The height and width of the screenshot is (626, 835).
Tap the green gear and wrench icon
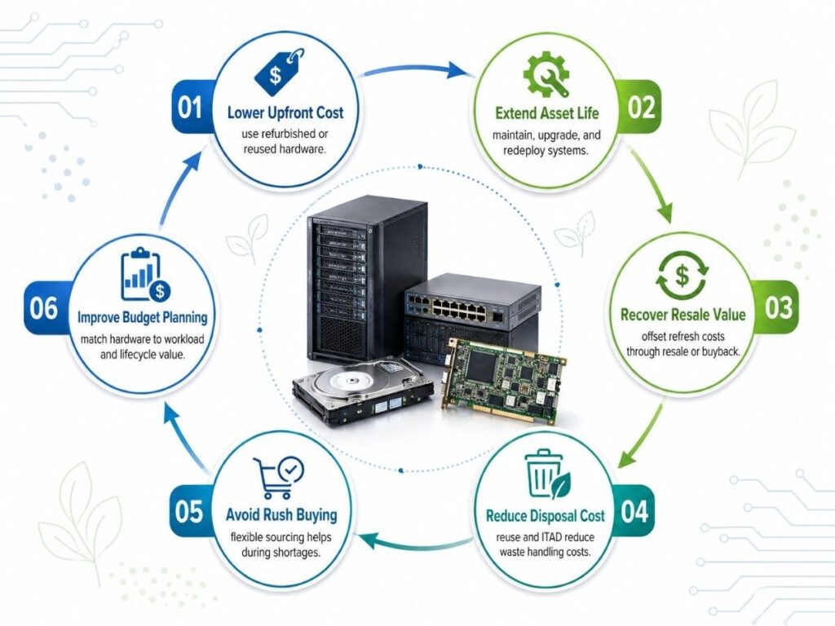[x=546, y=73]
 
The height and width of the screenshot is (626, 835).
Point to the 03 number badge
[x=779, y=307]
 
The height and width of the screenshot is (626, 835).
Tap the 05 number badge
[x=189, y=512]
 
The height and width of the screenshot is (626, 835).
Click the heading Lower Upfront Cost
[x=285, y=112]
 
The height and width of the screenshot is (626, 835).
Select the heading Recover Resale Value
[x=683, y=315]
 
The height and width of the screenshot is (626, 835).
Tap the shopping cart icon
[x=278, y=477]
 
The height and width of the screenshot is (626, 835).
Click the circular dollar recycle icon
[x=683, y=276]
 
